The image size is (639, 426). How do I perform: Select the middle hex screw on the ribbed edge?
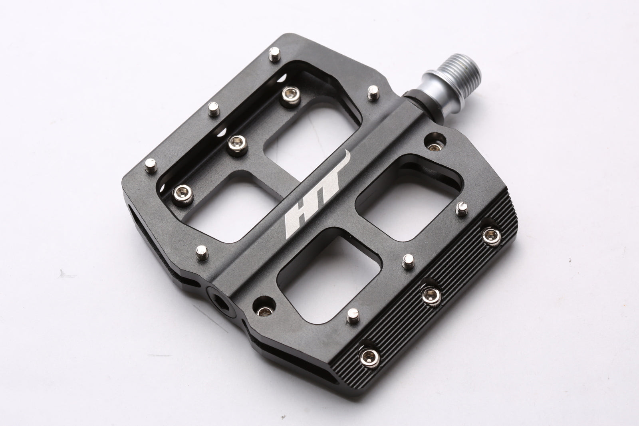click(431, 295)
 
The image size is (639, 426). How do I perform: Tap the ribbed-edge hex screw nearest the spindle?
click(490, 235)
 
